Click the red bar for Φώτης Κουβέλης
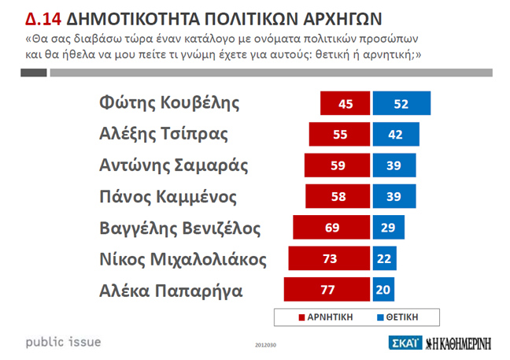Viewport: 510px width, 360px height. pyautogui.click(x=345, y=104)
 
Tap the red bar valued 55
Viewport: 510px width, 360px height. pyautogui.click(x=340, y=135)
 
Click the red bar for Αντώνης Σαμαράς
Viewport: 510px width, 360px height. pyautogui.click(x=337, y=165)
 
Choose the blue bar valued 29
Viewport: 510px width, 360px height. pyautogui.click(x=387, y=228)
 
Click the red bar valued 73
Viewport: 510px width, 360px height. pyautogui.click(x=329, y=258)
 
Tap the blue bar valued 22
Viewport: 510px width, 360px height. pyautogui.click(x=385, y=258)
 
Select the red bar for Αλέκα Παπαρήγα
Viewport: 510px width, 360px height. pyautogui.click(x=327, y=290)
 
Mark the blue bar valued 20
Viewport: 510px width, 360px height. pyautogui.click(x=383, y=290)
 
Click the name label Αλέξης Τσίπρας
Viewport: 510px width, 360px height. pyautogui.click(x=164, y=134)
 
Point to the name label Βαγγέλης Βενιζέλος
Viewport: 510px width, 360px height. pyautogui.click(x=180, y=228)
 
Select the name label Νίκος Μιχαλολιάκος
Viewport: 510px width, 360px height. pyautogui.click(x=183, y=258)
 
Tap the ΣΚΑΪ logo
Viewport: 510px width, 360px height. pyautogui.click(x=403, y=343)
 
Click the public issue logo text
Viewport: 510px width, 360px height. pyautogui.click(x=63, y=343)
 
